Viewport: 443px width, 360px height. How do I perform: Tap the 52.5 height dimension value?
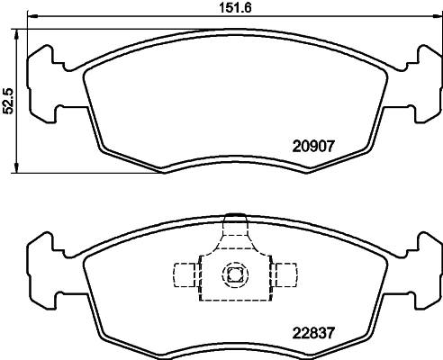8,101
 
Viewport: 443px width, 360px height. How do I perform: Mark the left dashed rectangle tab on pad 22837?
185,274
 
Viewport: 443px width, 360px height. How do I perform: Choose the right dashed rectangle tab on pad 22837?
287,274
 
